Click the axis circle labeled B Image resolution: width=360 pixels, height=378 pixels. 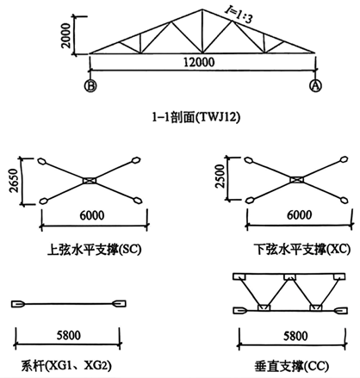point(90,86)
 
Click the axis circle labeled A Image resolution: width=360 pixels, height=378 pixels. point(315,85)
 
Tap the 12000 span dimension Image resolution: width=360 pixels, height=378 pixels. point(199,62)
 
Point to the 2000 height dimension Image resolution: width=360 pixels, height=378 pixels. point(66,35)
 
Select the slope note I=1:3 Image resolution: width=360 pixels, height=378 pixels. point(239,15)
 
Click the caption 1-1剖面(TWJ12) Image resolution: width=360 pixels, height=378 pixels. point(196,117)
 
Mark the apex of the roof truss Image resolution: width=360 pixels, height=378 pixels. point(202,9)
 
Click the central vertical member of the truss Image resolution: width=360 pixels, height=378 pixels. point(202,31)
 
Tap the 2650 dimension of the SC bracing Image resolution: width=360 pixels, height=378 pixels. point(14,181)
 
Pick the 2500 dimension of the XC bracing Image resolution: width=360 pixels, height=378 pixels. point(220,177)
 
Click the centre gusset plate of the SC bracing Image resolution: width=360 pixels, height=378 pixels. point(90,181)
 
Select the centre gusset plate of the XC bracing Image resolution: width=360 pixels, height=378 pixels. point(297,180)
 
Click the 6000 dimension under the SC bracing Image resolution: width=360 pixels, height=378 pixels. point(92,215)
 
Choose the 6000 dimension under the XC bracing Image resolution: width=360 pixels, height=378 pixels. point(299,215)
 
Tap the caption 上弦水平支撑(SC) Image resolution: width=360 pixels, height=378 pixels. point(95,250)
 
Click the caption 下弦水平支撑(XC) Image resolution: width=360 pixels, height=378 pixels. point(302,249)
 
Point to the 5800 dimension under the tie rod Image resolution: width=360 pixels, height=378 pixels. point(69,335)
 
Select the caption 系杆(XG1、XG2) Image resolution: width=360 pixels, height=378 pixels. point(66,366)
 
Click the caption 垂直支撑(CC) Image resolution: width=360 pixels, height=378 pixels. point(292,367)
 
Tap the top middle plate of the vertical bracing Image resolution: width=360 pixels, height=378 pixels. point(289,277)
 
